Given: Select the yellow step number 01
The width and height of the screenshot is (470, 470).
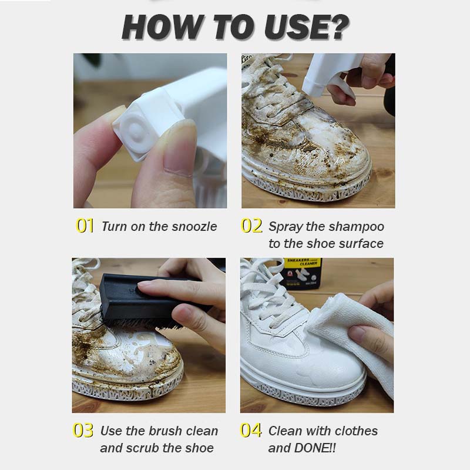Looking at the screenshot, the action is (85, 226).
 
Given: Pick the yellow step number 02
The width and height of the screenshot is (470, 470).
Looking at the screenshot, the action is (251, 226).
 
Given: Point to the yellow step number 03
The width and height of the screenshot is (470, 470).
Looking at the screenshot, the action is (83, 431).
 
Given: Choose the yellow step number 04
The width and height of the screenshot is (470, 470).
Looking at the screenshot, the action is (251, 431).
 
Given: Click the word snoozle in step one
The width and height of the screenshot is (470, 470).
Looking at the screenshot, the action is (194, 227).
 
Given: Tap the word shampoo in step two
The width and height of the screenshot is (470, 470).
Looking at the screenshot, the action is (357, 227).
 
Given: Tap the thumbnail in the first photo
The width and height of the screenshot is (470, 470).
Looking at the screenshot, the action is (179, 153).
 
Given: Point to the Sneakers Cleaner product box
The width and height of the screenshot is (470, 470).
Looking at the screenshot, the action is (300, 273).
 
